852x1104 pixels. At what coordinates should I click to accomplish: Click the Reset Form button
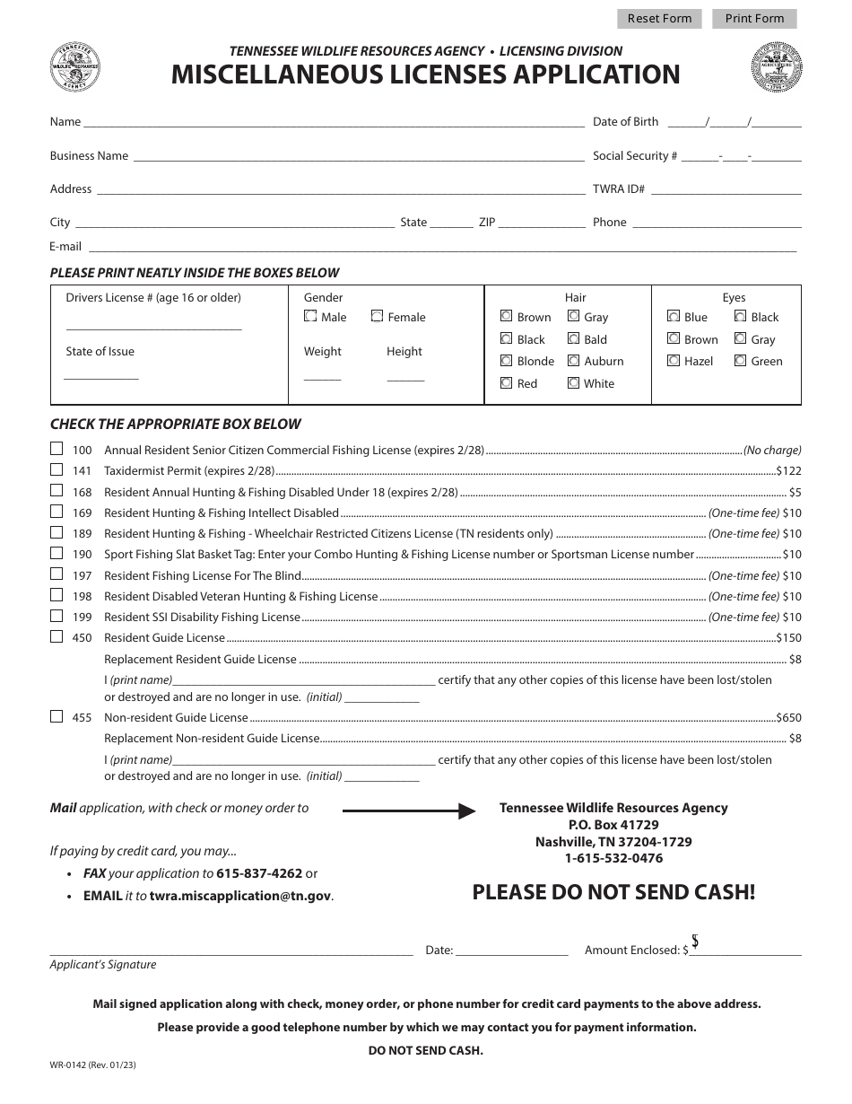[x=659, y=19]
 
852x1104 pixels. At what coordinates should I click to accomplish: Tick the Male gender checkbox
[x=310, y=316]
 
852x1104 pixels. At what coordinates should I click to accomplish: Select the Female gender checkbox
[x=378, y=316]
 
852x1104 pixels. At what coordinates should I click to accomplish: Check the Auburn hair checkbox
[x=573, y=361]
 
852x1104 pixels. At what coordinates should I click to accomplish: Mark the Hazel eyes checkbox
[x=674, y=361]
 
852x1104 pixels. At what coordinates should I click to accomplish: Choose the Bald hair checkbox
[x=573, y=339]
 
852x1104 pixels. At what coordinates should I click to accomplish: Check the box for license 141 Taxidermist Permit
[x=57, y=469]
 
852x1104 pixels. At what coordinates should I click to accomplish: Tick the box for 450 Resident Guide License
[x=57, y=636]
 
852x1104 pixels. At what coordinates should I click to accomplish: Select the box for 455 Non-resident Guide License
[x=57, y=716]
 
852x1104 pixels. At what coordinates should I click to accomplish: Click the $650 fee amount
[x=788, y=717]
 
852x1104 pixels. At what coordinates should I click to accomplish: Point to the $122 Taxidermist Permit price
[x=788, y=470]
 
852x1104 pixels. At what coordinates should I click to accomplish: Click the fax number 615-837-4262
[x=259, y=873]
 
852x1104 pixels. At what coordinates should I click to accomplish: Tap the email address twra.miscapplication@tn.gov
[x=240, y=896]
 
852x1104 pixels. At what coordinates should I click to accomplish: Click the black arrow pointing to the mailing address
[x=408, y=811]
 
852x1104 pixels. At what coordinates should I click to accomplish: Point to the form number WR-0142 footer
[x=93, y=1066]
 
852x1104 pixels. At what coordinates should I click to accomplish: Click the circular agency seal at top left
[x=75, y=66]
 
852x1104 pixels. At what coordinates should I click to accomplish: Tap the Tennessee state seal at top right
[x=777, y=66]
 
